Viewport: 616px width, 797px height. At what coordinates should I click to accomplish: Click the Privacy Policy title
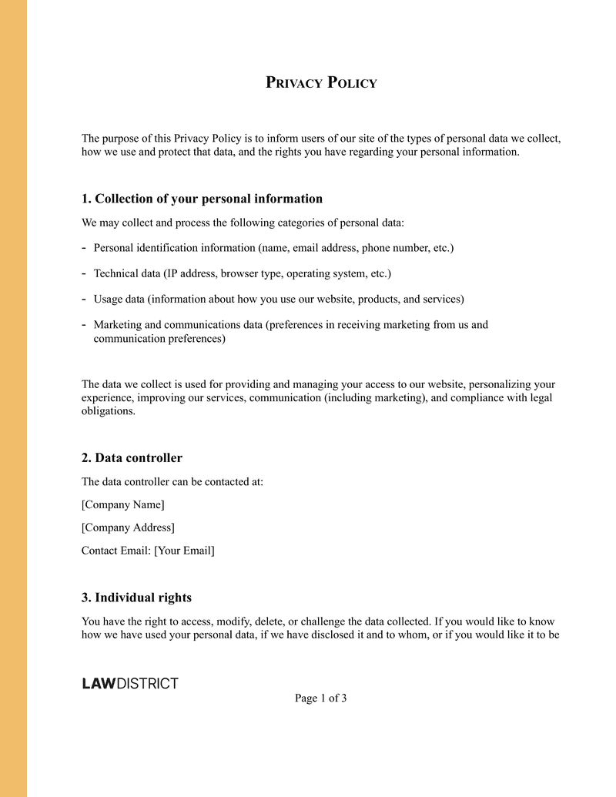point(321,82)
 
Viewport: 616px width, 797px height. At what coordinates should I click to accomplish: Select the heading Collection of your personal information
point(202,199)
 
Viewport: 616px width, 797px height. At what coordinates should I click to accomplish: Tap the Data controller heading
point(132,457)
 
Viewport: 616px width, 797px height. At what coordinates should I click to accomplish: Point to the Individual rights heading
point(136,597)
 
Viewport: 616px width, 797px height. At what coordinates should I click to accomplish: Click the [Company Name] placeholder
point(122,504)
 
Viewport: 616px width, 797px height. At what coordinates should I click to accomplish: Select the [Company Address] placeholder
point(128,527)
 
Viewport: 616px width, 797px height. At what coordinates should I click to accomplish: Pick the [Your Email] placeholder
point(184,551)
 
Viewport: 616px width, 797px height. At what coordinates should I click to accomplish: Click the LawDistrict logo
point(130,683)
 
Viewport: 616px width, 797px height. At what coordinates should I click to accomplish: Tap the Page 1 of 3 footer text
point(320,698)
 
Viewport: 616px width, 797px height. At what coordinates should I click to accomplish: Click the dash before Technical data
point(83,273)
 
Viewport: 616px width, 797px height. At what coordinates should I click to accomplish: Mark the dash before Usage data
point(83,298)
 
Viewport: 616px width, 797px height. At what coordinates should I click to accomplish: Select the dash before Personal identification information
point(83,247)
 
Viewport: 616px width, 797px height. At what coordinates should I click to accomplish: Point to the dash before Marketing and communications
point(83,323)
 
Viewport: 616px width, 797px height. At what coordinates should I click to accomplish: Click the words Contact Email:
point(116,551)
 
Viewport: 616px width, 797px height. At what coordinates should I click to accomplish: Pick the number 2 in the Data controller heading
point(86,457)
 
